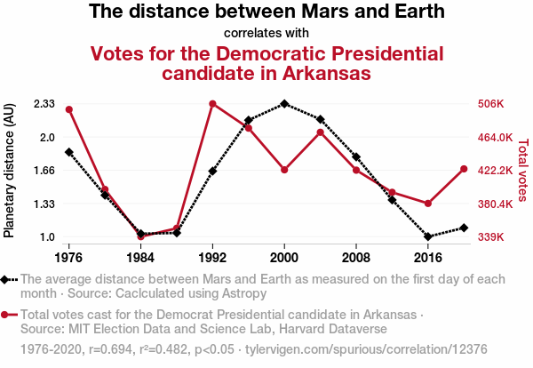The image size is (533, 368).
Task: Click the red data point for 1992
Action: click(212, 104)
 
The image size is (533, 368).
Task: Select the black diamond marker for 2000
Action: click(284, 104)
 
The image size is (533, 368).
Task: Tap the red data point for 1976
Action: click(68, 109)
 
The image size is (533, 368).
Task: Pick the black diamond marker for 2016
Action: click(428, 236)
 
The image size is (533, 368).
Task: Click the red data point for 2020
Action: click(464, 169)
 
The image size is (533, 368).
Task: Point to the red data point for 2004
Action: click(320, 132)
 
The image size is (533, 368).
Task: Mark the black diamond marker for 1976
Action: click(68, 152)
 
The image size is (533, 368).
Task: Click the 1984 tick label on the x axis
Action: click(140, 257)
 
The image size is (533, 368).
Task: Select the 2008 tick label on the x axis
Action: click(356, 257)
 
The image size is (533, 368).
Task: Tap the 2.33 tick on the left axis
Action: click(44, 104)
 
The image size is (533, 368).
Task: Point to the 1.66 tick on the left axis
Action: click(44, 171)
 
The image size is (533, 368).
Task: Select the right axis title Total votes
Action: click(522, 169)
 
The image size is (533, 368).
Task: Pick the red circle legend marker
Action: click(6, 315)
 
